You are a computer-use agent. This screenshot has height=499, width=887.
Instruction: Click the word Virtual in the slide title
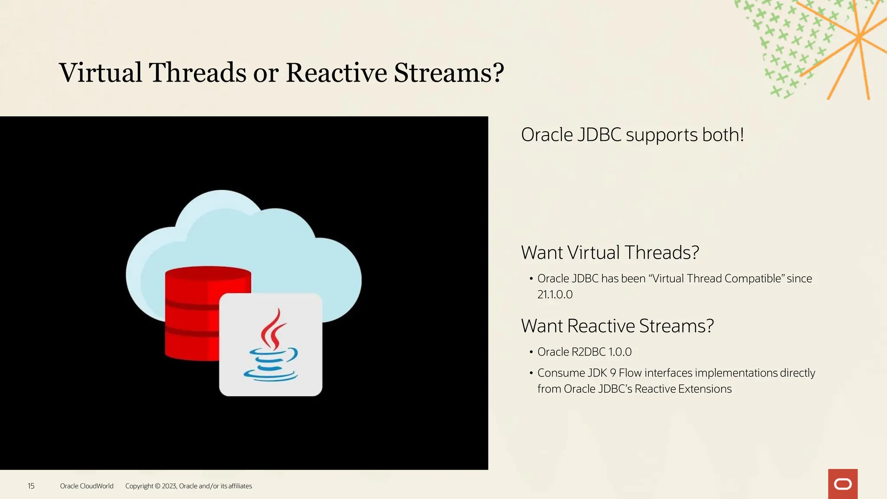(100, 72)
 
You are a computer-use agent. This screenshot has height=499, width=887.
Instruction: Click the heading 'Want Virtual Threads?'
(610, 253)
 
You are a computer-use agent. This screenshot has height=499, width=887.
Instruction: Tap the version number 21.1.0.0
(555, 295)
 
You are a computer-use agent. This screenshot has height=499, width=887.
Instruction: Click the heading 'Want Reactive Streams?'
(617, 326)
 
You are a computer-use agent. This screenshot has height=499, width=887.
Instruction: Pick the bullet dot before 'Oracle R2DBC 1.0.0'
(531, 352)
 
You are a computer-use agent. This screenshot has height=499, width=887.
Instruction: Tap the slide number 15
(31, 486)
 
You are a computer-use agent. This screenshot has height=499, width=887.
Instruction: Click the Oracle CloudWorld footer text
(87, 486)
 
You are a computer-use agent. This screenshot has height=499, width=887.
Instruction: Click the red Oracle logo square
(842, 484)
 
